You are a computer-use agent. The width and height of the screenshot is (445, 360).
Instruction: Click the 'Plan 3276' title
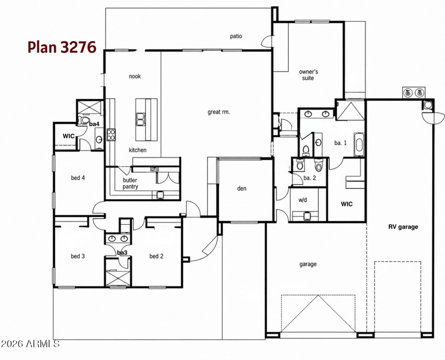tap(62, 47)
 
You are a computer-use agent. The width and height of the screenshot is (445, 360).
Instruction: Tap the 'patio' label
tap(236, 36)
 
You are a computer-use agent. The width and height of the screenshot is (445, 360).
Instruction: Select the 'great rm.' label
tap(219, 112)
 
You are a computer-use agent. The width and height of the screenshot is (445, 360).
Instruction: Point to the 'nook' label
tap(135, 76)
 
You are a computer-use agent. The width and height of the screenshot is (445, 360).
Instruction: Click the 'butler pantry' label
tap(130, 184)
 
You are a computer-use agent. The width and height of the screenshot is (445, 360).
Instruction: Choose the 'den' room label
tap(242, 188)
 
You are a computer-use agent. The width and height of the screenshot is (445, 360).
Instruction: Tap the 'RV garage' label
tap(403, 227)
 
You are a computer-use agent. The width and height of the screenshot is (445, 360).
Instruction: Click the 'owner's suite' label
tap(308, 75)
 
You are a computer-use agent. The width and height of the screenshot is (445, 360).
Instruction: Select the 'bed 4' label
tap(78, 177)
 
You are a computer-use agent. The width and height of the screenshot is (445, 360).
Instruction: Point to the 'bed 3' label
tap(78, 256)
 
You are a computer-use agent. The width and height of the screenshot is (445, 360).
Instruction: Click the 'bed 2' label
tap(156, 256)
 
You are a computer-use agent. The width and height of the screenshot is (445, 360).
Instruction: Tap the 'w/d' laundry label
tap(303, 200)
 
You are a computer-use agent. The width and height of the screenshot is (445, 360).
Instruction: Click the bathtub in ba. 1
tap(359, 145)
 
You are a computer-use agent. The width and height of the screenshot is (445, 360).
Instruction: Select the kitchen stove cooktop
tap(111, 135)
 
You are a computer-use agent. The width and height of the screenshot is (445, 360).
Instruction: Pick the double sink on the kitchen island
tap(141, 119)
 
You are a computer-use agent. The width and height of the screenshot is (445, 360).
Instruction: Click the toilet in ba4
tap(83, 120)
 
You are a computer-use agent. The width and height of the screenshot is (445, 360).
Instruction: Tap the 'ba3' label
tap(122, 253)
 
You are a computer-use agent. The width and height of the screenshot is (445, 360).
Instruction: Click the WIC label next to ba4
tap(68, 136)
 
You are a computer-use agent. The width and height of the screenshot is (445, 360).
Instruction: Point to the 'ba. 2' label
tap(310, 178)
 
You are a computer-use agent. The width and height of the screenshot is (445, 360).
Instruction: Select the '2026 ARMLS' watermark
tap(30, 344)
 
